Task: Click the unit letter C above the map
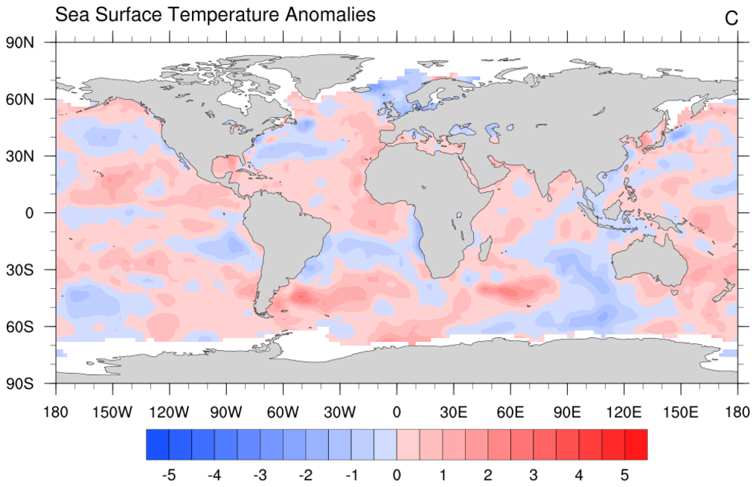731,19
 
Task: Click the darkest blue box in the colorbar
157,445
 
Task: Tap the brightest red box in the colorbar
635,445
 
